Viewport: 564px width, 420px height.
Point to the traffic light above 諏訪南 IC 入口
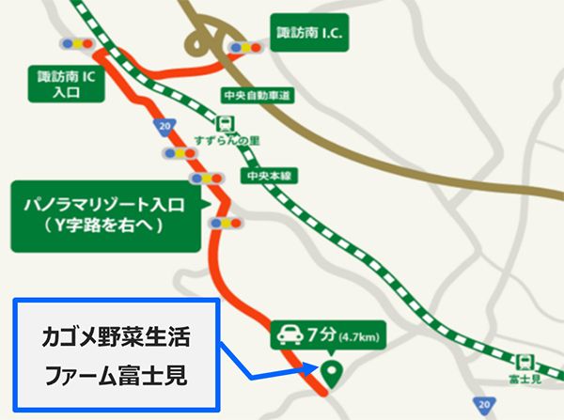pos(76,43)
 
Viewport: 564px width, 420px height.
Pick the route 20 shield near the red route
pos(165,124)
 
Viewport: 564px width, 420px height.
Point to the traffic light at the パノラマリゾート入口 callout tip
pos(227,222)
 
